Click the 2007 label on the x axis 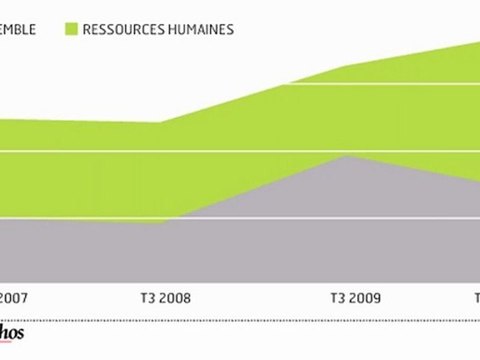click(x=13, y=297)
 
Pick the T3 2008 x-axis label click(x=163, y=297)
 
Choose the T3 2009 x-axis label click(x=356, y=297)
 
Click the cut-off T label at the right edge click(x=476, y=297)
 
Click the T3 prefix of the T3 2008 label click(x=143, y=297)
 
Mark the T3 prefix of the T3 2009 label click(x=337, y=297)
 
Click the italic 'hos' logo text click(x=11, y=335)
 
